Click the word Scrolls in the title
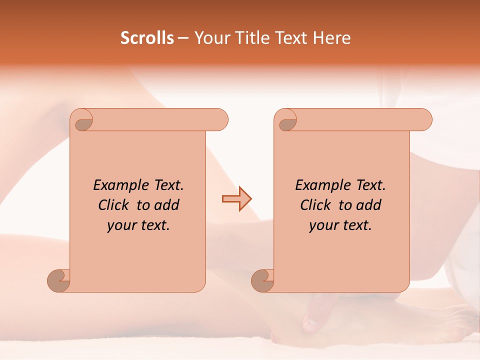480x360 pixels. pyautogui.click(x=147, y=38)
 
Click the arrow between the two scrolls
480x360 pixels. pyautogui.click(x=236, y=199)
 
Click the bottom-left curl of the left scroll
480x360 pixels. pyautogui.click(x=59, y=280)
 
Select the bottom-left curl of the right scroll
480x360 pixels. pyautogui.click(x=263, y=280)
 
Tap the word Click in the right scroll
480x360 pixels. pyautogui.click(x=316, y=205)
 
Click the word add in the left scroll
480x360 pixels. pyautogui.click(x=167, y=205)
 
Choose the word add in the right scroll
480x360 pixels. pyautogui.click(x=369, y=205)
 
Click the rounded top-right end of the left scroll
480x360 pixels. pyautogui.click(x=220, y=119)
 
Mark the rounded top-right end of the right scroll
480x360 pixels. pyautogui.click(x=424, y=119)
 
